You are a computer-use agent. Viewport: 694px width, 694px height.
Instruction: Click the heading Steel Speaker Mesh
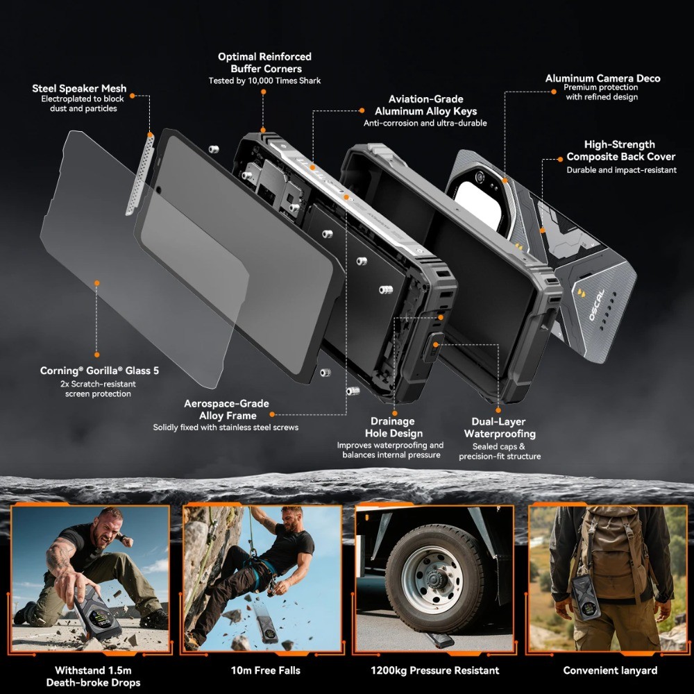(x=79, y=89)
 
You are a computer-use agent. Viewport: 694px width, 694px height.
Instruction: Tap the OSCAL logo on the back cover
(x=596, y=305)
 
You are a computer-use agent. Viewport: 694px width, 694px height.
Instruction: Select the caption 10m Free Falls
(x=266, y=670)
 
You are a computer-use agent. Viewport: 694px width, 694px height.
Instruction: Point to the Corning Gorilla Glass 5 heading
(x=99, y=371)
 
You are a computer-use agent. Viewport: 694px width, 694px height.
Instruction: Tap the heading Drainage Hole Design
(x=393, y=427)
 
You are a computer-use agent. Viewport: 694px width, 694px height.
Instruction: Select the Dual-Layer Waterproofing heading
(x=499, y=428)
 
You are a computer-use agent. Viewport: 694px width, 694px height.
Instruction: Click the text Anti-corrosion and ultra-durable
(x=425, y=123)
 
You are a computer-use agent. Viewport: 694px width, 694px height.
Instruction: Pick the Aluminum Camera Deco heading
(x=602, y=78)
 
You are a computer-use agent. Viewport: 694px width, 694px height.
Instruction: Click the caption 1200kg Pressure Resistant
(x=434, y=670)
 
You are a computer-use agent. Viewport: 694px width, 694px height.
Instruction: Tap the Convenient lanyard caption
(x=610, y=670)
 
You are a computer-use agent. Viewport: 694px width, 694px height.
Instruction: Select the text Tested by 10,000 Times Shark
(x=264, y=81)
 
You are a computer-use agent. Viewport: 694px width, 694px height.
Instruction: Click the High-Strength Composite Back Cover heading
(x=621, y=151)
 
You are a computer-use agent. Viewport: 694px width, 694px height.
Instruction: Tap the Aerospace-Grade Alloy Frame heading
(x=228, y=409)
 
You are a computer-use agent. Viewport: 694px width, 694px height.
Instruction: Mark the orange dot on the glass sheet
(x=97, y=283)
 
